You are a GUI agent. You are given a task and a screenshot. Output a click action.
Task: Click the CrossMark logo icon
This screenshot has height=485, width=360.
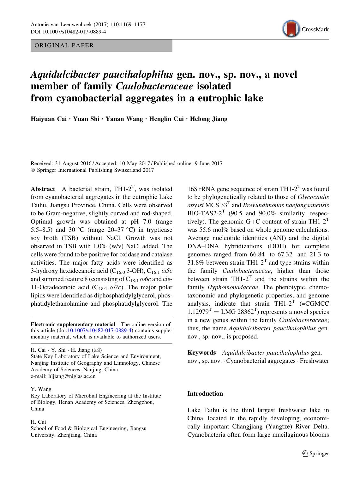pyautogui.click(x=291, y=29)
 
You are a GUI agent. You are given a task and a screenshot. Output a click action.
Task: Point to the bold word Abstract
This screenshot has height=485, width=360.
pyautogui.click(x=43, y=189)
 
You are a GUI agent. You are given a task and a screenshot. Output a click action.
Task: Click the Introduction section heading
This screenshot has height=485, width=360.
pyautogui.click(x=205, y=393)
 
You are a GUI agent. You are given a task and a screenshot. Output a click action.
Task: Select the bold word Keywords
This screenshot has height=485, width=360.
pyautogui.click(x=201, y=353)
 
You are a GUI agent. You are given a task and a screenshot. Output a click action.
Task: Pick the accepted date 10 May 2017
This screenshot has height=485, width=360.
pyautogui.click(x=134, y=164)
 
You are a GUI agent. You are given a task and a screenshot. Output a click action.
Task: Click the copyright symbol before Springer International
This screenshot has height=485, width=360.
pyautogui.click(x=33, y=170)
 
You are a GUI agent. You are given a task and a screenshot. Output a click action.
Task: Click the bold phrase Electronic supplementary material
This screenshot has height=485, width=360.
pyautogui.click(x=73, y=324)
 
